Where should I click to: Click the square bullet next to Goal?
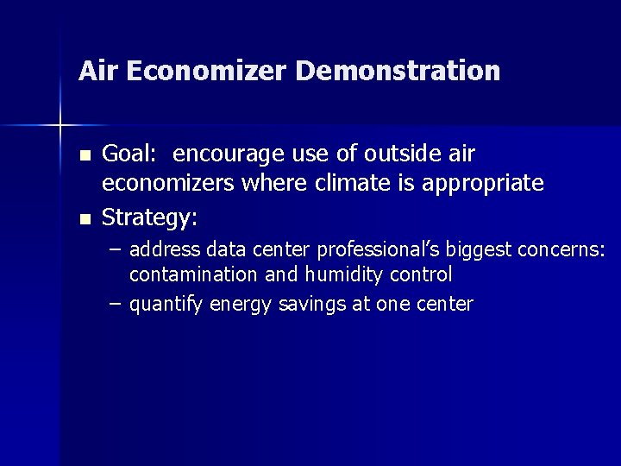[84, 156]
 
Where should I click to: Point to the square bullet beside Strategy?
[84, 220]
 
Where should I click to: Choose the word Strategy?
[150, 219]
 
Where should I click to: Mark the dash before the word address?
[116, 250]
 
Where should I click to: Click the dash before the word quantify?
[116, 305]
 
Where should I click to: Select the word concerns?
[561, 250]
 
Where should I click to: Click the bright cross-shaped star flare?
[60, 126]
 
